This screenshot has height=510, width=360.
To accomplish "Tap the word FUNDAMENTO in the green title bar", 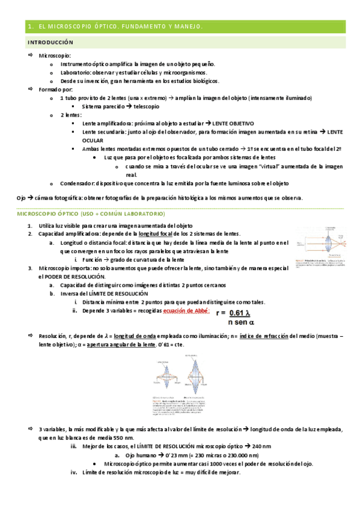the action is pyautogui.click(x=148, y=26).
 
